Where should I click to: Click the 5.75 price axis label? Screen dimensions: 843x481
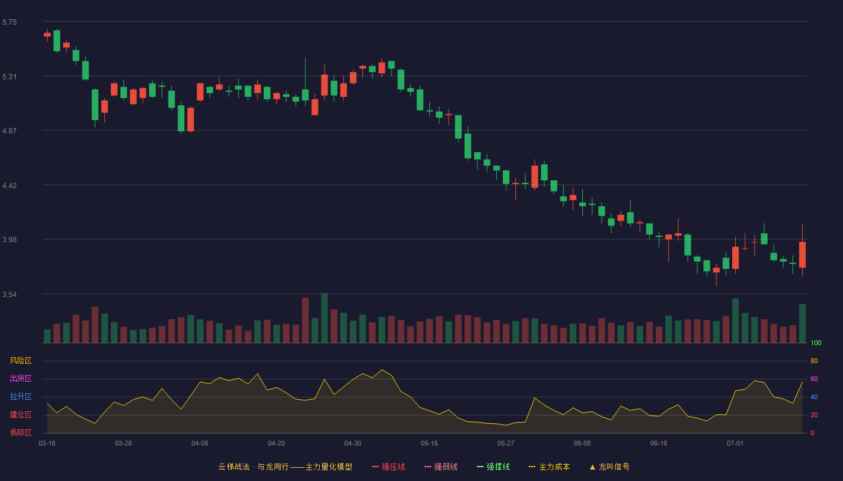(10, 22)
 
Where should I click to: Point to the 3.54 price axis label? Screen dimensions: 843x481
(10, 294)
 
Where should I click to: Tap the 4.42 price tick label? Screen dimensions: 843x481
(10, 186)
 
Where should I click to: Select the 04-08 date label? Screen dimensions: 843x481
(200, 444)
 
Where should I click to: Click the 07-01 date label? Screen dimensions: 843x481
(735, 444)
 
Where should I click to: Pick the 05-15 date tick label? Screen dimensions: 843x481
(429, 444)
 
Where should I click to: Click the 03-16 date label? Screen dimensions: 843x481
(47, 444)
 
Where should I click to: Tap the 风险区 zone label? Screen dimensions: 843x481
(20, 361)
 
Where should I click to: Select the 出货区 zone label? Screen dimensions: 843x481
(20, 378)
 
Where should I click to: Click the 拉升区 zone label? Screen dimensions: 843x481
(20, 396)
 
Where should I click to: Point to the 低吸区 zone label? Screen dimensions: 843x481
(20, 432)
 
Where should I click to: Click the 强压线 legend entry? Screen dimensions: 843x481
(388, 467)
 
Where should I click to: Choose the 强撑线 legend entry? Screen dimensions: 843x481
(493, 467)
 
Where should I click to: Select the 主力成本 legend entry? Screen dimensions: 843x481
(549, 467)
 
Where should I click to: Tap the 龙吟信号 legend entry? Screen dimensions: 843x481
(609, 467)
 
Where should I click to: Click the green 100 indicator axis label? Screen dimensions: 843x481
(816, 343)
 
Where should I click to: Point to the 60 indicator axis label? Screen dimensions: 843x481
(814, 379)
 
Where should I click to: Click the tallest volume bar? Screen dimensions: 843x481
(325, 318)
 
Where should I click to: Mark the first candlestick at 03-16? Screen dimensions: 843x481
(47, 35)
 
